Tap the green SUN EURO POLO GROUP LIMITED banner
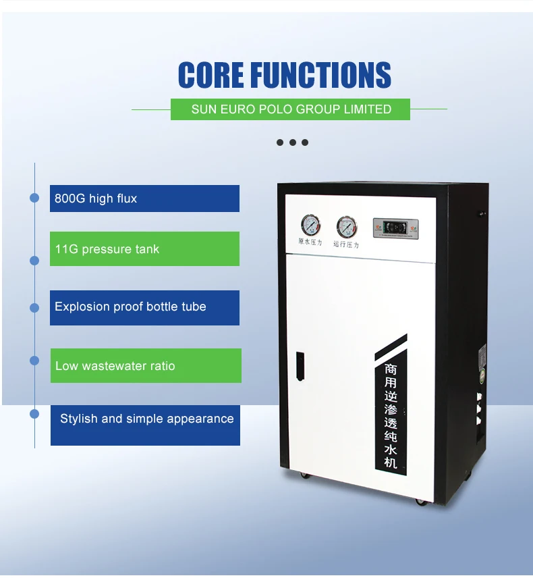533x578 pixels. pyautogui.click(x=291, y=109)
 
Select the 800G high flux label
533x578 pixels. pyautogui.click(x=144, y=199)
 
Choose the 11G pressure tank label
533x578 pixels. pyautogui.click(x=144, y=249)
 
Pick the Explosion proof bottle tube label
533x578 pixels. pyautogui.click(x=144, y=307)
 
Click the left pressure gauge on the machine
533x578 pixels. pyautogui.click(x=310, y=225)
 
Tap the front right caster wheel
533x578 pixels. pyautogui.click(x=420, y=501)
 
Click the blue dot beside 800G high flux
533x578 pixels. pyautogui.click(x=34, y=198)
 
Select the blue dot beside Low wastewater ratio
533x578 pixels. pyautogui.click(x=34, y=361)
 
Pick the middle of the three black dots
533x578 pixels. pyautogui.click(x=292, y=142)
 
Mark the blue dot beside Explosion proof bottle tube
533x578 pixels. pyautogui.click(x=34, y=308)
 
